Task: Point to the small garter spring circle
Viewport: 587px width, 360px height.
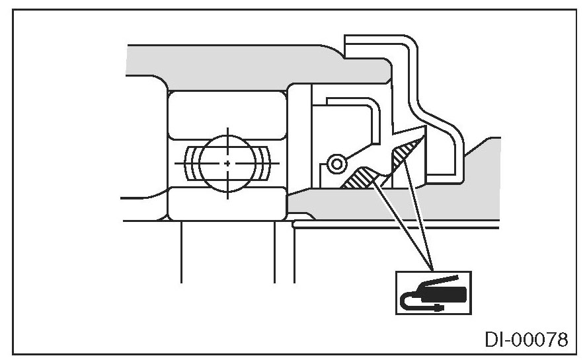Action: click(x=336, y=162)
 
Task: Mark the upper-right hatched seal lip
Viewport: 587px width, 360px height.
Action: click(x=407, y=153)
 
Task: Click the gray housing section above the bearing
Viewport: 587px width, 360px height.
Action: click(x=225, y=63)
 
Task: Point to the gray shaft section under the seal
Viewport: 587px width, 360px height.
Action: click(x=397, y=208)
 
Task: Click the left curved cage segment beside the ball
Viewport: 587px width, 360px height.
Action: click(x=192, y=162)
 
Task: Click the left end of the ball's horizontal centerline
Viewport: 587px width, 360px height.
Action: click(x=177, y=162)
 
